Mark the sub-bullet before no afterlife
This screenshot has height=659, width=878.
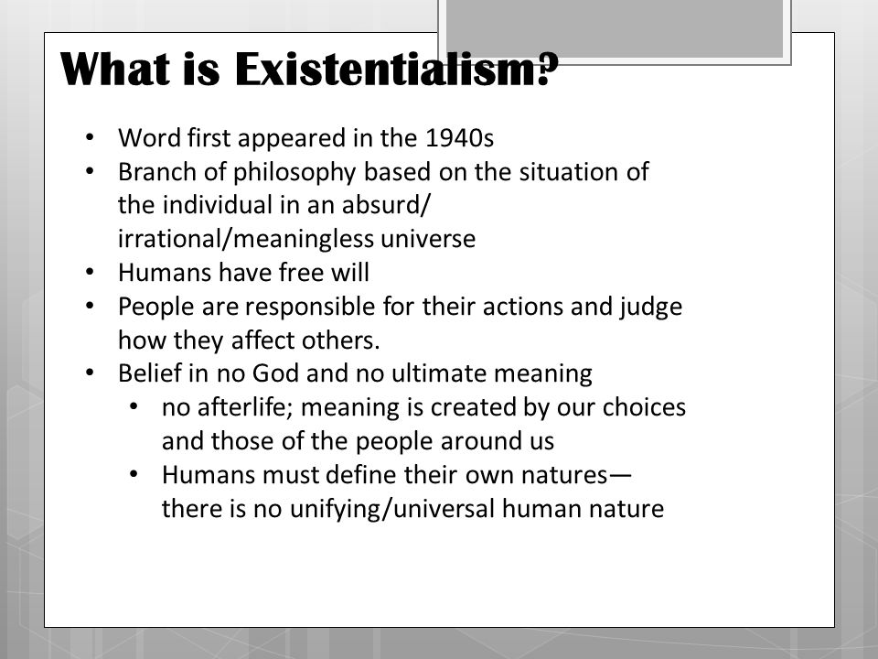(134, 407)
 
